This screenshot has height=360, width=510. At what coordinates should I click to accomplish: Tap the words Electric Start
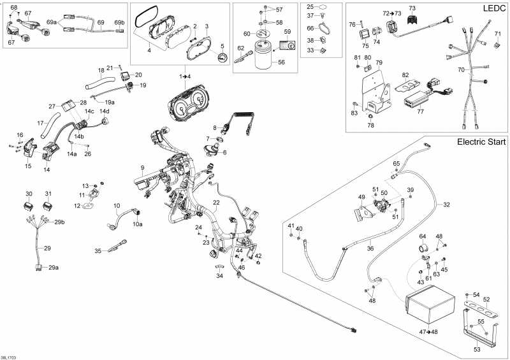click(x=479, y=142)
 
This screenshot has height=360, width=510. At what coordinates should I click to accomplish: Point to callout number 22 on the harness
click(x=216, y=203)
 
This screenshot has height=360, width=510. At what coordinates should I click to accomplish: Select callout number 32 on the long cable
click(x=446, y=205)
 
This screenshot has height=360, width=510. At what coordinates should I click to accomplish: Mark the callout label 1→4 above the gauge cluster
click(x=185, y=76)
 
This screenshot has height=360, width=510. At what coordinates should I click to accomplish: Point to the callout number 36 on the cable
click(x=370, y=231)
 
